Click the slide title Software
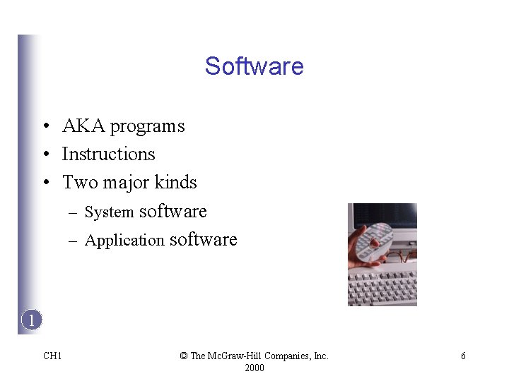point(255,66)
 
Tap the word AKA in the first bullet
point(83,126)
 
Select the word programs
point(147,127)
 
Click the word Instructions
point(108,155)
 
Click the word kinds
point(175,183)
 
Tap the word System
point(109,212)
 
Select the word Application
point(124,241)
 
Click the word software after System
point(173,211)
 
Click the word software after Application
point(204,239)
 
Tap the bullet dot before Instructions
point(45,155)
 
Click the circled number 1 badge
point(31,320)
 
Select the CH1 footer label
point(52,356)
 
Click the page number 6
point(463,356)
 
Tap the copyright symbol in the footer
point(184,356)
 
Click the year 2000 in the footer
point(255,368)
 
